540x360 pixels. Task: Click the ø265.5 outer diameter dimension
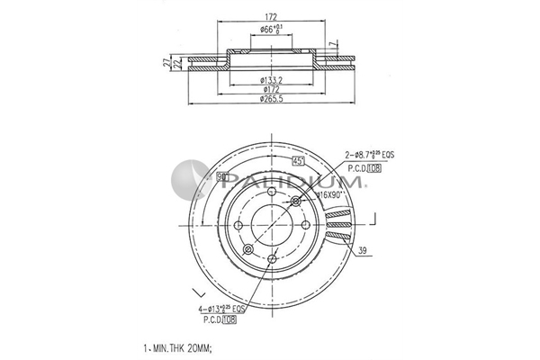click(x=272, y=98)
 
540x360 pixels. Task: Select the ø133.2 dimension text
click(x=270, y=79)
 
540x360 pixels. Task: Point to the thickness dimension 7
click(x=332, y=44)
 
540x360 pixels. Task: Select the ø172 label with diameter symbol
click(x=270, y=88)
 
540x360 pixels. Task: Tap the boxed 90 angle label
click(x=221, y=177)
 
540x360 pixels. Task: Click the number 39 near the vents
click(x=363, y=250)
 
